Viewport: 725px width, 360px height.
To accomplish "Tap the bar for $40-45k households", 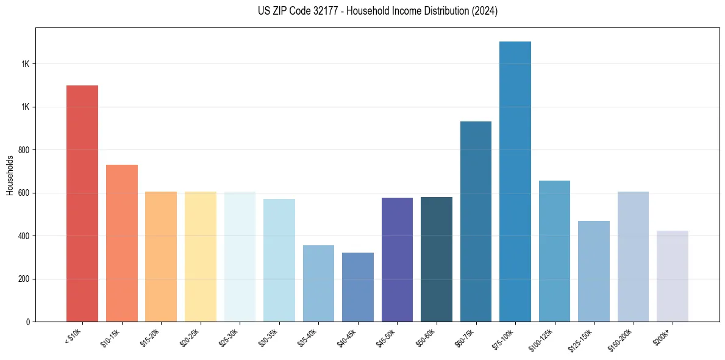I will [358, 287].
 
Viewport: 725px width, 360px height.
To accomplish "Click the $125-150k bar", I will [594, 271].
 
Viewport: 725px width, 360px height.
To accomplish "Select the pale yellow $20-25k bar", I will [201, 256].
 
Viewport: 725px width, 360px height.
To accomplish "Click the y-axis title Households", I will [10, 175].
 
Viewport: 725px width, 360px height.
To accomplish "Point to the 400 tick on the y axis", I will [24, 236].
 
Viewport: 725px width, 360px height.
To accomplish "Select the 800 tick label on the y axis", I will [24, 150].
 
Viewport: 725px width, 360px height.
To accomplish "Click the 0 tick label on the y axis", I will [28, 322].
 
